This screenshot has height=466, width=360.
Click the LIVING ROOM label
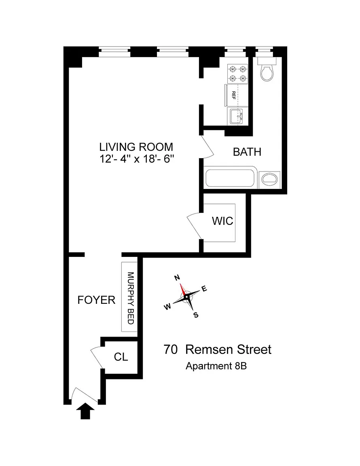point(136,147)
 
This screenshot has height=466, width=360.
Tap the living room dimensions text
point(136,159)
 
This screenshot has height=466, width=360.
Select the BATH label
point(247,152)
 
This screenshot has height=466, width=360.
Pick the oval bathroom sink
point(270,180)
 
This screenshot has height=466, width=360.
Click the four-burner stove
point(237,74)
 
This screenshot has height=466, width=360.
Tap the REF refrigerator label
point(234,95)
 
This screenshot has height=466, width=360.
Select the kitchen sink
point(237,116)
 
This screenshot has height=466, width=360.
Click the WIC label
point(222,221)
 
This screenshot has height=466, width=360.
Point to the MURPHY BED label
point(131,298)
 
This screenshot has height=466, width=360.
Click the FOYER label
point(96,300)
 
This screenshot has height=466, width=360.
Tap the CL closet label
point(121,357)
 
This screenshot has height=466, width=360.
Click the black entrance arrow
point(85,411)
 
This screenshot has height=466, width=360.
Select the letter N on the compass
point(177,277)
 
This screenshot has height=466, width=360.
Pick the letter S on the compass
point(196,315)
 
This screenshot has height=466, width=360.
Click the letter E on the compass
point(204,288)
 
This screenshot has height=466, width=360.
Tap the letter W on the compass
point(168,307)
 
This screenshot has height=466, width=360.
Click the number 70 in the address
point(171,349)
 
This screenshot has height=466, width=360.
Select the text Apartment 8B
point(216,366)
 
